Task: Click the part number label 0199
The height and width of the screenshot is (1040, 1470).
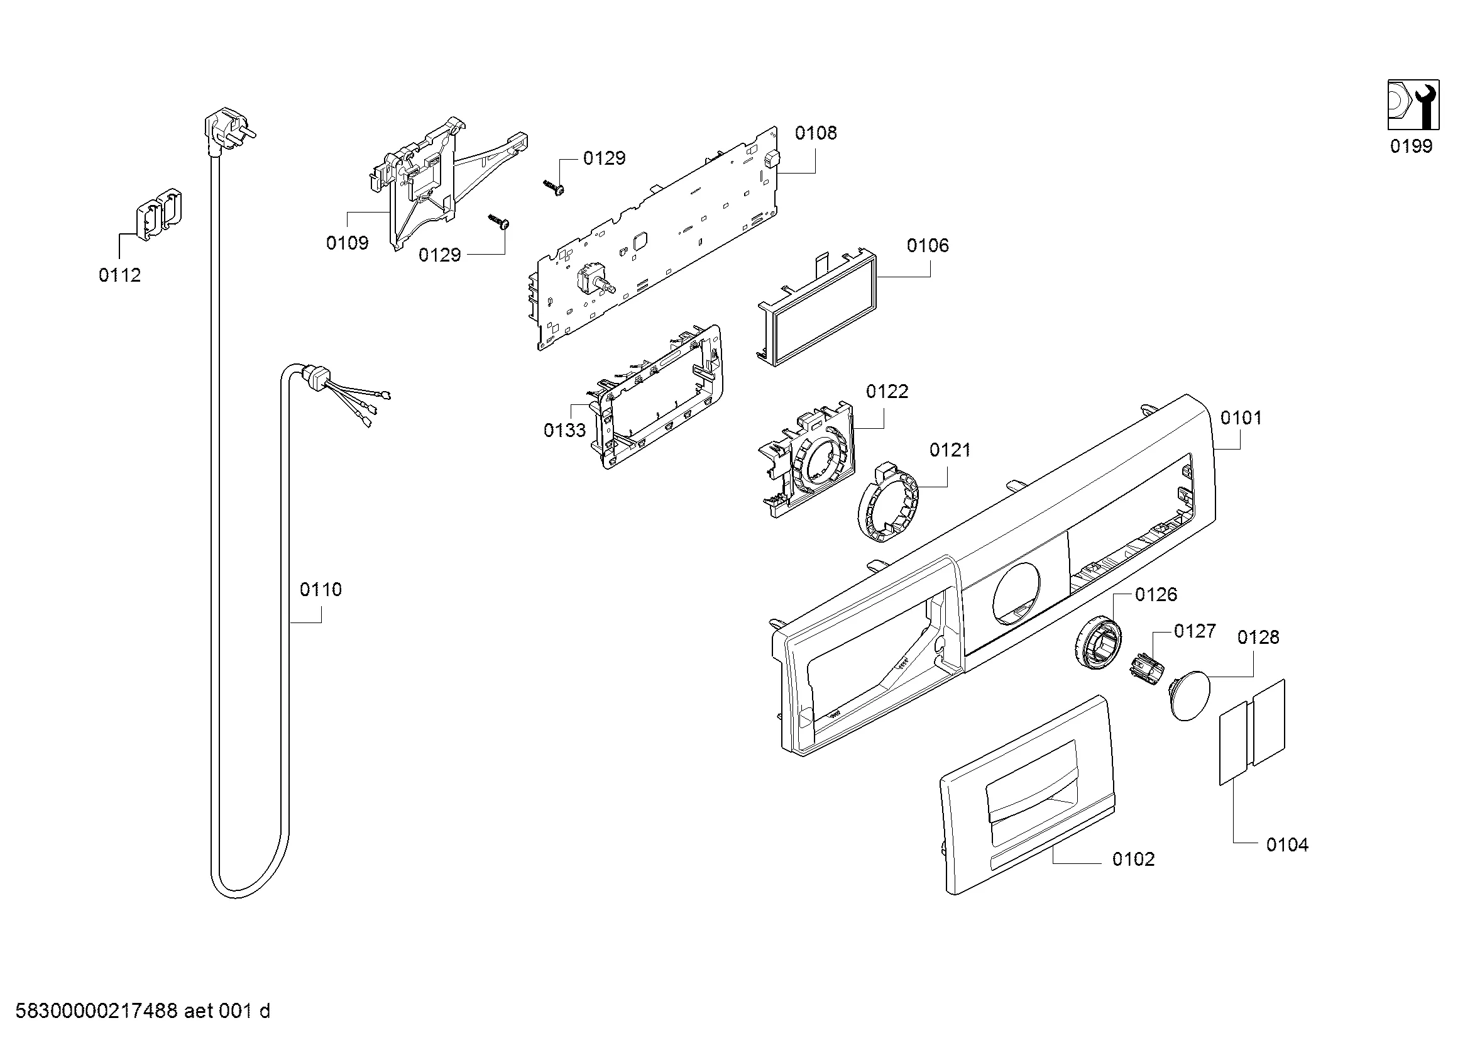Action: (x=1410, y=147)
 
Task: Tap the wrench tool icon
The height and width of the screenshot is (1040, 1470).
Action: (x=1413, y=104)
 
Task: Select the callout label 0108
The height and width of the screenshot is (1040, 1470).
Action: (x=816, y=133)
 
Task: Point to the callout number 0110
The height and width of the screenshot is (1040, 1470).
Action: (x=321, y=589)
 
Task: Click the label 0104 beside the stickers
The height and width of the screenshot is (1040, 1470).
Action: (x=1287, y=845)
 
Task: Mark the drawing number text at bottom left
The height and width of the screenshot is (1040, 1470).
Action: (x=143, y=1012)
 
